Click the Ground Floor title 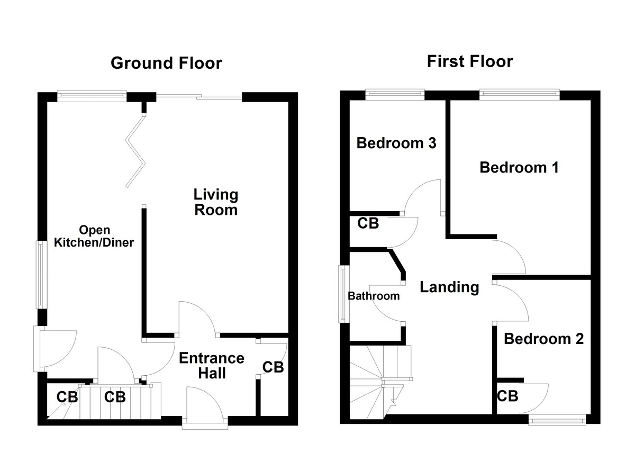pyautogui.click(x=166, y=63)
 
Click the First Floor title pyautogui.click(x=470, y=61)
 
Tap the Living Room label pyautogui.click(x=215, y=202)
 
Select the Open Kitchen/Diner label pyautogui.click(x=94, y=237)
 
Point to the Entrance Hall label pyautogui.click(x=212, y=366)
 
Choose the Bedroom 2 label pyautogui.click(x=543, y=339)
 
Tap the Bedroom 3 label pyautogui.click(x=396, y=143)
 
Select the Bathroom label pyautogui.click(x=373, y=296)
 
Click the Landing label pyautogui.click(x=449, y=287)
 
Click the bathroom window pyautogui.click(x=343, y=294)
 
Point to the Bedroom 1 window pyautogui.click(x=519, y=95)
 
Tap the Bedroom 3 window pyautogui.click(x=395, y=95)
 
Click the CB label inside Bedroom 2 pyautogui.click(x=507, y=395)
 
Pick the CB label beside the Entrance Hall pyautogui.click(x=273, y=367)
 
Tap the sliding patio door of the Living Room pyautogui.click(x=199, y=96)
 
